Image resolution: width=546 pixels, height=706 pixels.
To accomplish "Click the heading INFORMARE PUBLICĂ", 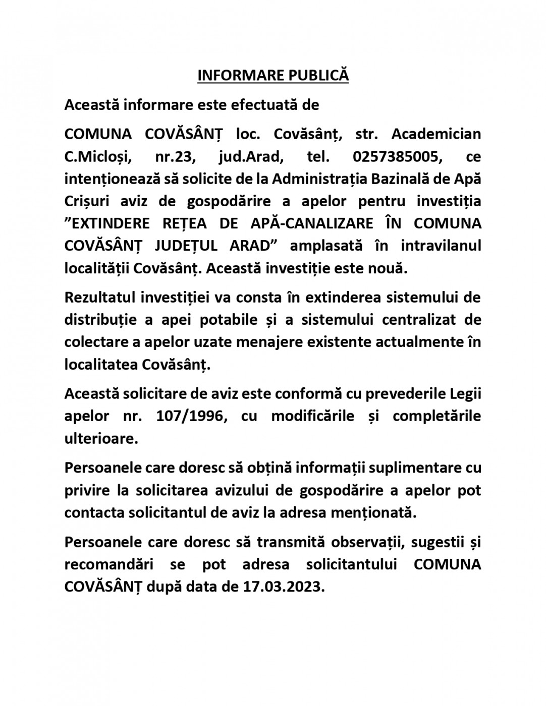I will click(272, 75).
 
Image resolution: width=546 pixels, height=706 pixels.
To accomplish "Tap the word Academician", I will click(436, 134).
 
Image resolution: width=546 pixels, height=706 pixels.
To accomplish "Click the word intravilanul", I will click(441, 245).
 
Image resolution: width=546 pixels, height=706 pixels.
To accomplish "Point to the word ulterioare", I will click(101, 439).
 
